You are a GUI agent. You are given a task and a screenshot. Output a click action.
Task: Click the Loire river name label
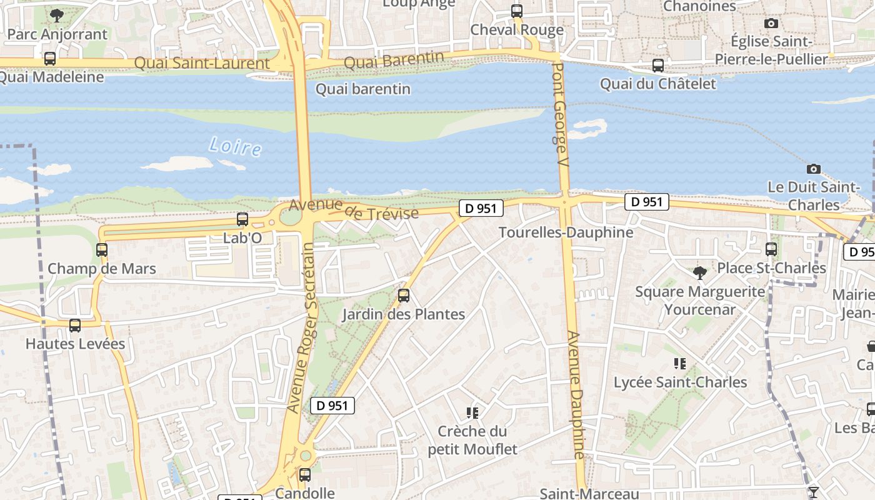235,147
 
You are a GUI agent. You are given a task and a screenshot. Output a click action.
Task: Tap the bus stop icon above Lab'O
242,219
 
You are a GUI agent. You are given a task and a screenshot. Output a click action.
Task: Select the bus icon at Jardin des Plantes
404,296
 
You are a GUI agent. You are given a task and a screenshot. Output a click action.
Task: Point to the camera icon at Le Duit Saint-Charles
813,169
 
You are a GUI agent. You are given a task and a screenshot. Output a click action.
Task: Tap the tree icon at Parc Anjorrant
57,15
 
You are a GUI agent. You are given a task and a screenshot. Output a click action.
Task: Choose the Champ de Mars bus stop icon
102,250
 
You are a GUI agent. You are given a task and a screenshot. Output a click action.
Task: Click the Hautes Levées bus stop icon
75,325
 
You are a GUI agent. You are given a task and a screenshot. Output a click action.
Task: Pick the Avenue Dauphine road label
576,396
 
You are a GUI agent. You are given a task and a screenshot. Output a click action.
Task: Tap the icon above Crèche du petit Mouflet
472,412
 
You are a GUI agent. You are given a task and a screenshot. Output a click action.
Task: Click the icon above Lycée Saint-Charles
680,363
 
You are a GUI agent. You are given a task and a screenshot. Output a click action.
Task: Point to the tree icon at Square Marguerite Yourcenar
700,272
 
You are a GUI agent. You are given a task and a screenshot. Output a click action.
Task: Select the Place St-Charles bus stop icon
771,249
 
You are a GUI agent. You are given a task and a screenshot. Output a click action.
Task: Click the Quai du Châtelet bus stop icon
657,65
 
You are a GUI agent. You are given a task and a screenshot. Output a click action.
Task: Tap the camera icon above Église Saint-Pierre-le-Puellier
771,24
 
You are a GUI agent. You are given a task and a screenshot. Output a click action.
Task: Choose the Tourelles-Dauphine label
566,232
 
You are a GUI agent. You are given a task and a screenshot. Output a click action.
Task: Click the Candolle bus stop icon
305,474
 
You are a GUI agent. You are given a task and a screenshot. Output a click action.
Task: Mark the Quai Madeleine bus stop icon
50,59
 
